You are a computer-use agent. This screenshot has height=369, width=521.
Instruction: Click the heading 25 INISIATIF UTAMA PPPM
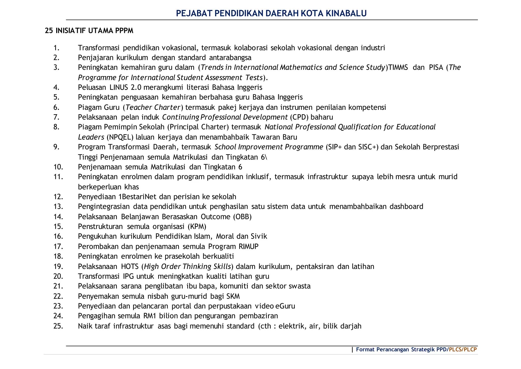click(x=89, y=31)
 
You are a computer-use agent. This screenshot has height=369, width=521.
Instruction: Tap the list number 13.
click(x=58, y=206)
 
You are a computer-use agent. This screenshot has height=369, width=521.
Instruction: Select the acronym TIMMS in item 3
click(x=398, y=67)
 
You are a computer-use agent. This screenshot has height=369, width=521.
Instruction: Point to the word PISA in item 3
click(x=436, y=67)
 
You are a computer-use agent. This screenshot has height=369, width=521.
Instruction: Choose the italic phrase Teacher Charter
click(x=153, y=107)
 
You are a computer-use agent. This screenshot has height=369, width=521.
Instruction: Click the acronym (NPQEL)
click(x=120, y=137)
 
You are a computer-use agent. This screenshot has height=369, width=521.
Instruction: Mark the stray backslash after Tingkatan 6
click(x=266, y=157)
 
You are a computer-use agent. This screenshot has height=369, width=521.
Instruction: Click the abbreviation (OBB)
click(x=242, y=217)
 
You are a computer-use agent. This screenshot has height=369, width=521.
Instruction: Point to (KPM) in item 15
click(x=197, y=226)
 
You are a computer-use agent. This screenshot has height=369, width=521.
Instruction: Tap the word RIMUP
click(x=249, y=246)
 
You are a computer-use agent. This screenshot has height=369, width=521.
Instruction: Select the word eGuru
click(x=285, y=306)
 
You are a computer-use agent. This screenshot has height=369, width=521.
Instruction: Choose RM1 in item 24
click(x=150, y=316)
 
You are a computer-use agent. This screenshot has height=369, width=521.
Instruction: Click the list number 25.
click(x=58, y=326)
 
